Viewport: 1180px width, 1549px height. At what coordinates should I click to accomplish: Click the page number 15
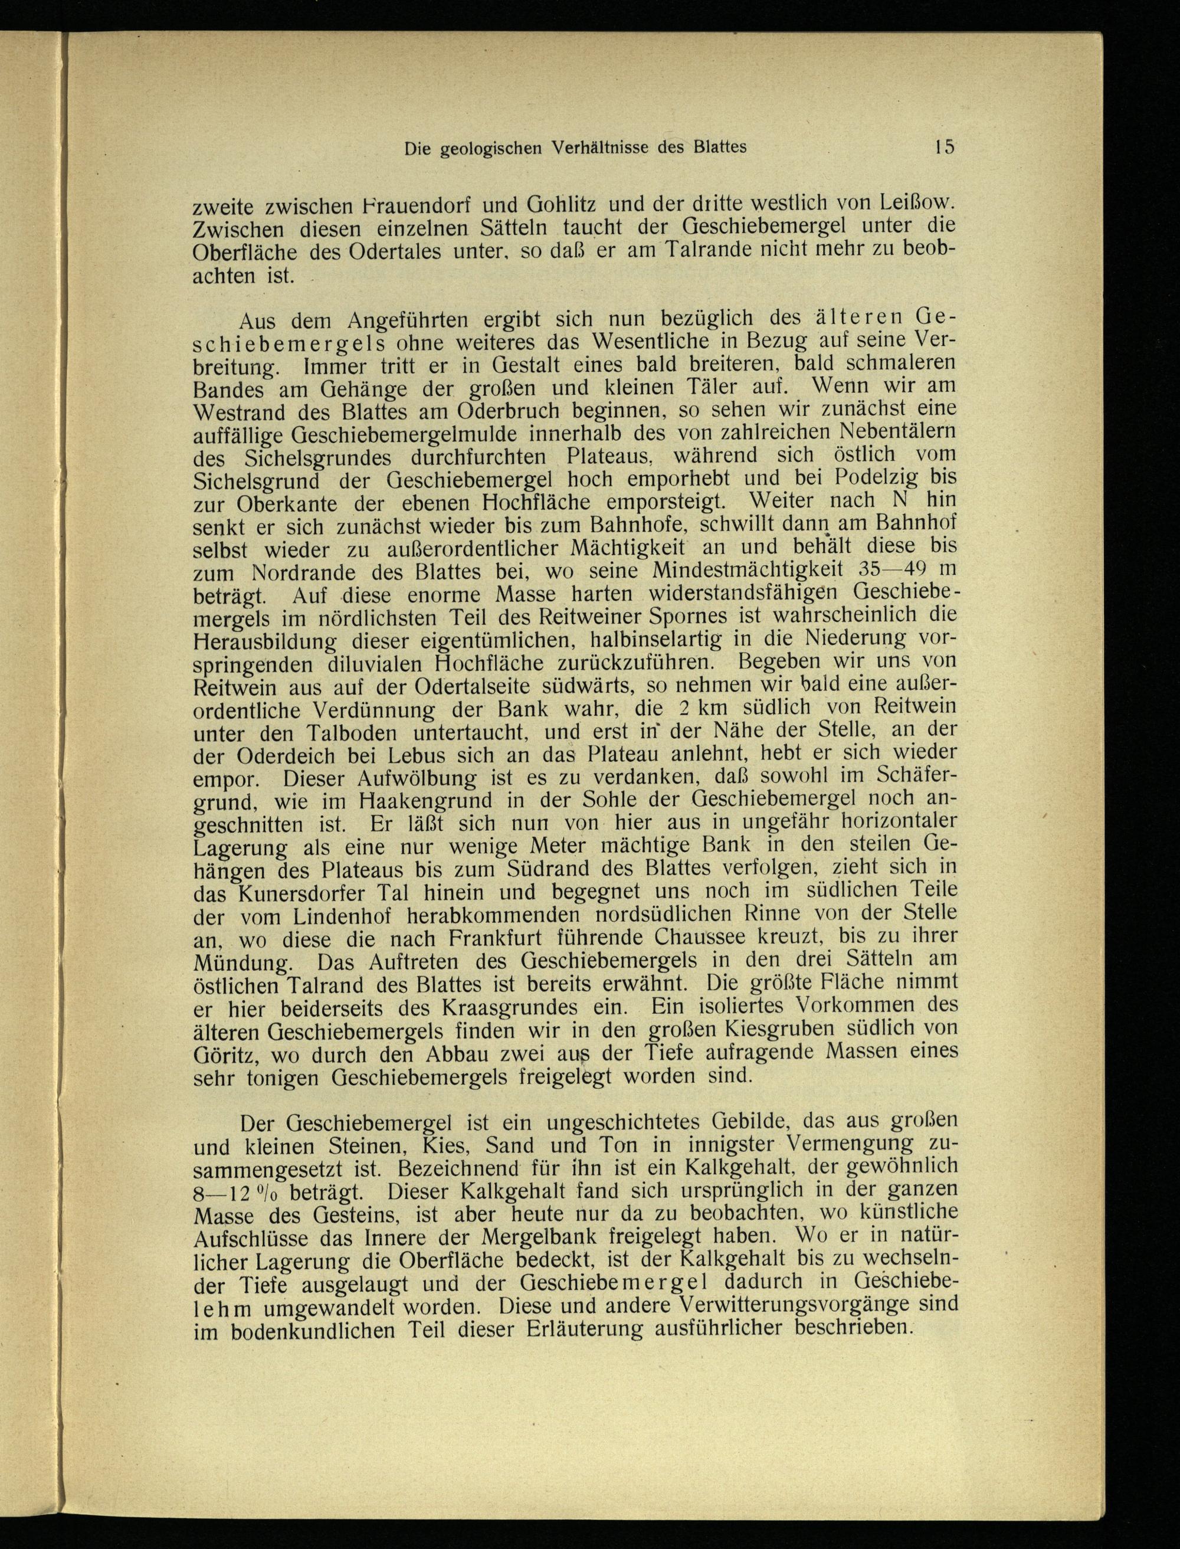(x=944, y=148)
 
